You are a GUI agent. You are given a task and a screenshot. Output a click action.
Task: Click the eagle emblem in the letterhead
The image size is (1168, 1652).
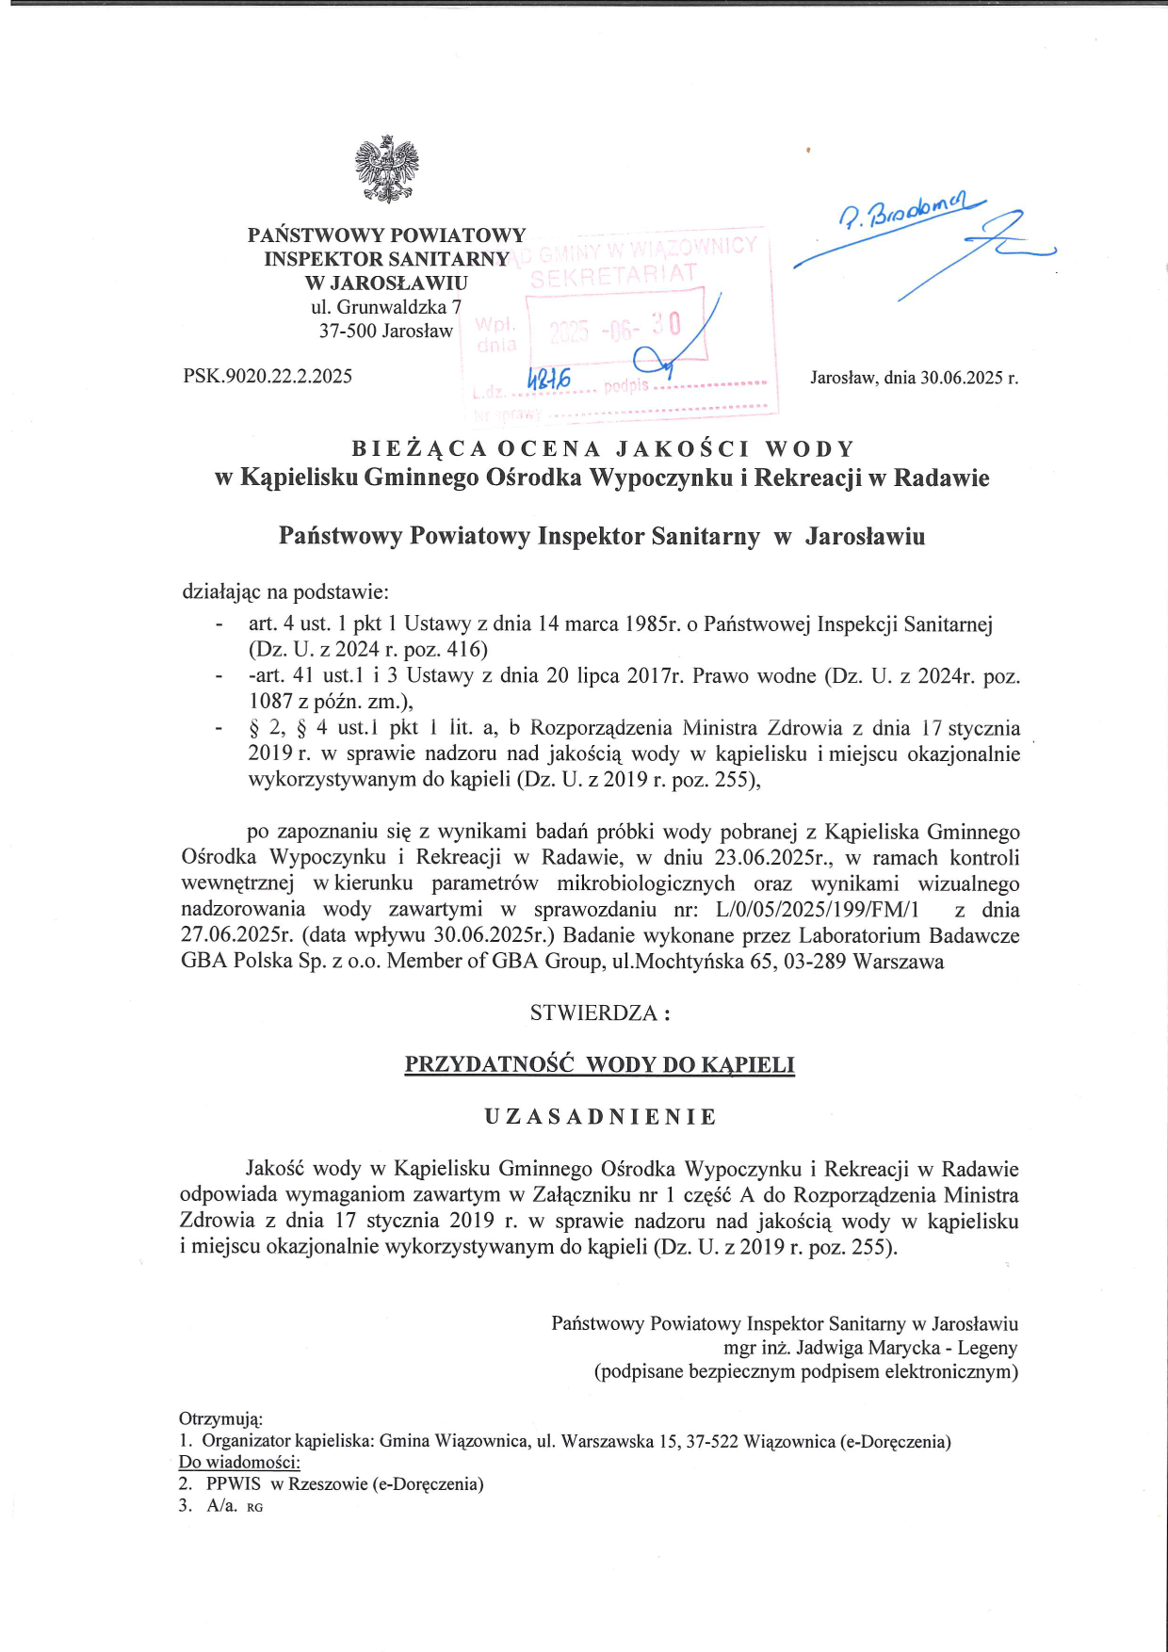(386, 170)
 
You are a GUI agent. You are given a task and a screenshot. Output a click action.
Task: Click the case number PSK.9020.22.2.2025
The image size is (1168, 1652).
(268, 377)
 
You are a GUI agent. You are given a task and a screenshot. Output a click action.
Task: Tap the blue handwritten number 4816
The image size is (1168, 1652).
(548, 379)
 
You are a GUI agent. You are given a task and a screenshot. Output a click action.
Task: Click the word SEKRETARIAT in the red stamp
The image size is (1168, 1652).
(613, 275)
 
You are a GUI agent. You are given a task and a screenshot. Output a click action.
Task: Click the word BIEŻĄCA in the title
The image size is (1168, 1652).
(419, 448)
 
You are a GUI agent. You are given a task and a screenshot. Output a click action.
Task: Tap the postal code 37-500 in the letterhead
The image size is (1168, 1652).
(348, 332)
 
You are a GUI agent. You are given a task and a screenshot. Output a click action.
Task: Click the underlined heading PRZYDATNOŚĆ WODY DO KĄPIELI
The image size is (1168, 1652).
(599, 1065)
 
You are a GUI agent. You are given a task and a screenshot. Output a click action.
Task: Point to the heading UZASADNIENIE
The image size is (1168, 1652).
(600, 1117)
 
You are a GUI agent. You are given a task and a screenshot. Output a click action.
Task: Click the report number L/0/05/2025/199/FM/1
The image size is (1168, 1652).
(817, 910)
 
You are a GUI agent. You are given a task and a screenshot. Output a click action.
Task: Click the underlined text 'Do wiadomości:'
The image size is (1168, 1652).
(239, 1462)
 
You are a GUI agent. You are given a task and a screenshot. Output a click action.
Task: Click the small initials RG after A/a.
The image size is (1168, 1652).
(254, 1507)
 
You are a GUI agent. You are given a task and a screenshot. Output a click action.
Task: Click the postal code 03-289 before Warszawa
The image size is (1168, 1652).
(801, 962)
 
